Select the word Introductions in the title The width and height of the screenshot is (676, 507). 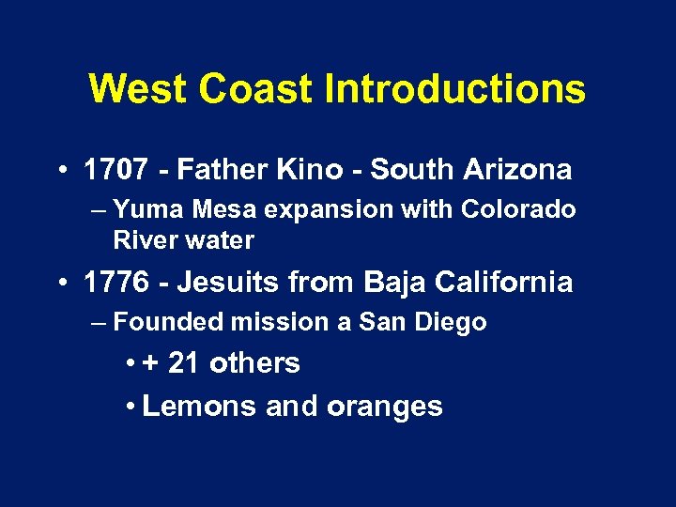[x=454, y=90]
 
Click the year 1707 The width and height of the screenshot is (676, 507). [x=115, y=170]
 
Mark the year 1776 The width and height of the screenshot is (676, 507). [x=115, y=283]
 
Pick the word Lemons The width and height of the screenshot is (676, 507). [x=199, y=407]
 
